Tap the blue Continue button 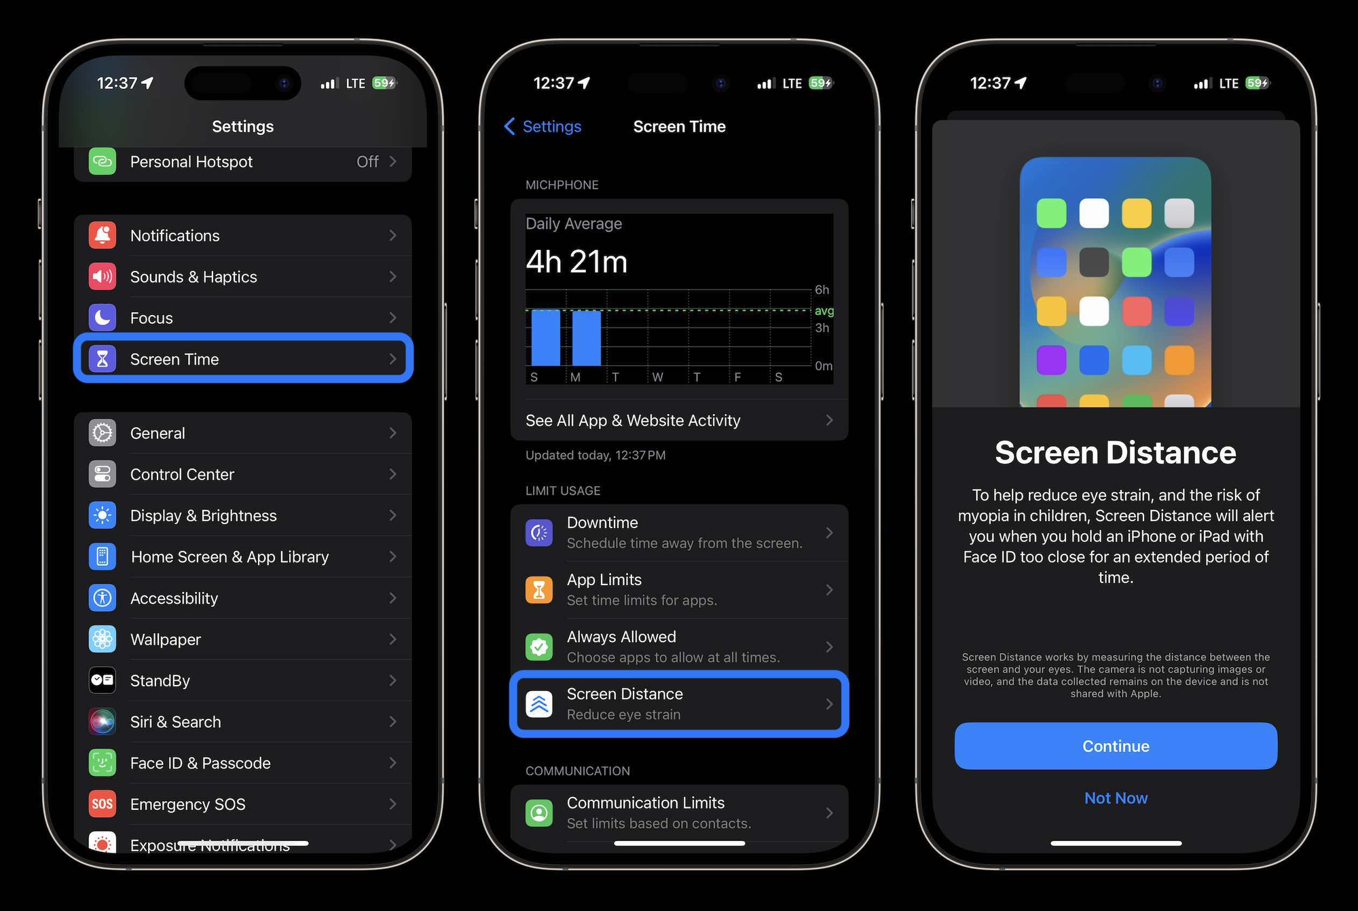(1115, 745)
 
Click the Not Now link (1115, 798)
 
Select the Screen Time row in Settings (242, 359)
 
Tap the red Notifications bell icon (103, 236)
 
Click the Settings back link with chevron (543, 126)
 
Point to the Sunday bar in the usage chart (545, 337)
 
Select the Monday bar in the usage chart (586, 337)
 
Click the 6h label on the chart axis (822, 290)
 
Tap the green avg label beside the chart (824, 311)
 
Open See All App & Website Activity (679, 420)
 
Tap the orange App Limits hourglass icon (539, 589)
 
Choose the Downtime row (679, 532)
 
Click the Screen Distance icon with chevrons (539, 704)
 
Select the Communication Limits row (679, 813)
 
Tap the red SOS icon (103, 804)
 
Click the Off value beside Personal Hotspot (367, 162)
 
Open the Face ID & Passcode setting (242, 763)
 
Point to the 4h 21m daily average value (576, 262)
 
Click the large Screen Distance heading (1115, 453)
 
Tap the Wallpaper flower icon (103, 639)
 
